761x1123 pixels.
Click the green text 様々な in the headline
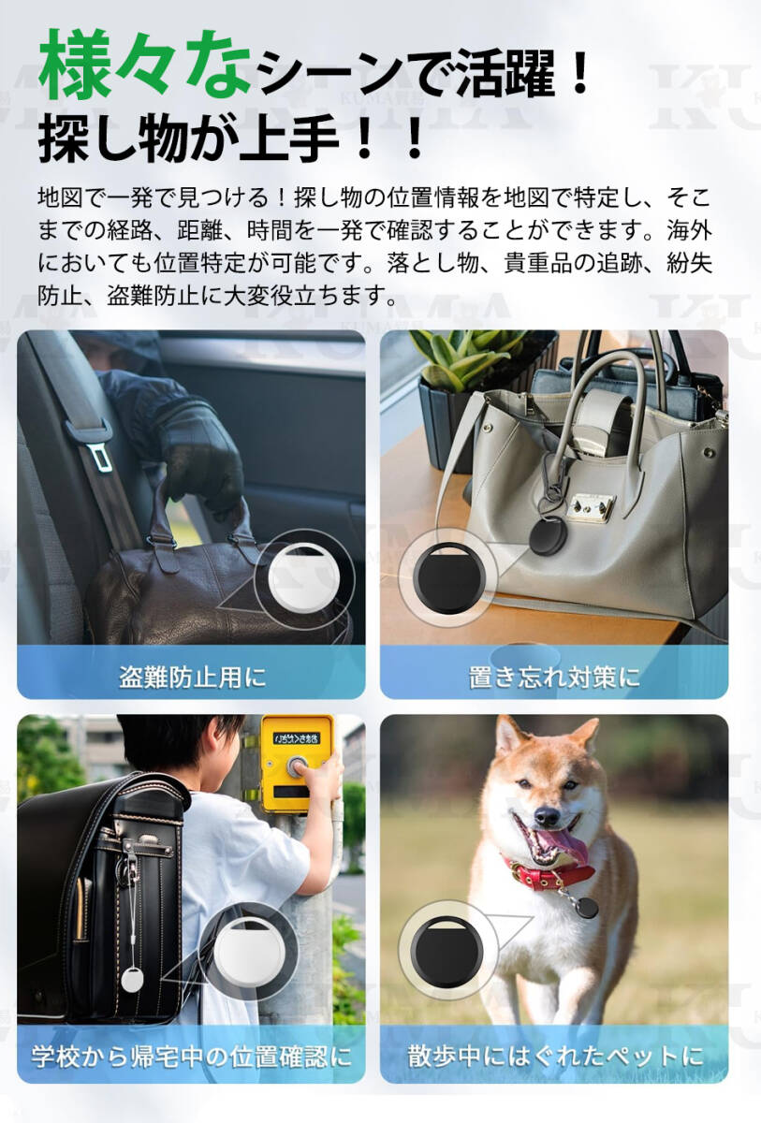pos(145,65)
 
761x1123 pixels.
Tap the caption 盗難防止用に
pos(192,678)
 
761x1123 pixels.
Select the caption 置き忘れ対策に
pos(554,678)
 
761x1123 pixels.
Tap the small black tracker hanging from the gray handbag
pos(548,535)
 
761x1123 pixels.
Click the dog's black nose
pos(547,817)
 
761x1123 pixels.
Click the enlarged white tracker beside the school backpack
pos(250,951)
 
